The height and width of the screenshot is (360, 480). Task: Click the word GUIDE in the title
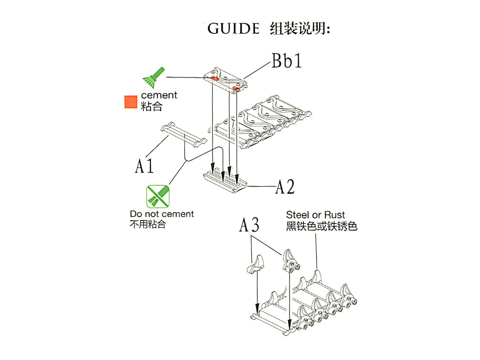[x=233, y=28]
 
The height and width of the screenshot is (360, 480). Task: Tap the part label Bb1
[x=287, y=61]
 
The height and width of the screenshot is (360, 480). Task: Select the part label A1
[x=144, y=166]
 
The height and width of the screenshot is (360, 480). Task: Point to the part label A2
[x=284, y=187]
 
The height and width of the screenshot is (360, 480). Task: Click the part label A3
[x=250, y=225]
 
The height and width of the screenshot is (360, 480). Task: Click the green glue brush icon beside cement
[x=153, y=77]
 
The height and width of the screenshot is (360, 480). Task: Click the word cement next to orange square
[x=159, y=95]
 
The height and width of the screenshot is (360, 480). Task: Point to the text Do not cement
[x=162, y=214]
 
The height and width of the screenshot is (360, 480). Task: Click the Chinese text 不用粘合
[x=148, y=224]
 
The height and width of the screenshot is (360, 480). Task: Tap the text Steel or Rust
[x=315, y=215]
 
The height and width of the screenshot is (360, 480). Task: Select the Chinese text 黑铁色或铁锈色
[x=321, y=226]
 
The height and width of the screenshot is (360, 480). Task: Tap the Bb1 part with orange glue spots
[x=226, y=80]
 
